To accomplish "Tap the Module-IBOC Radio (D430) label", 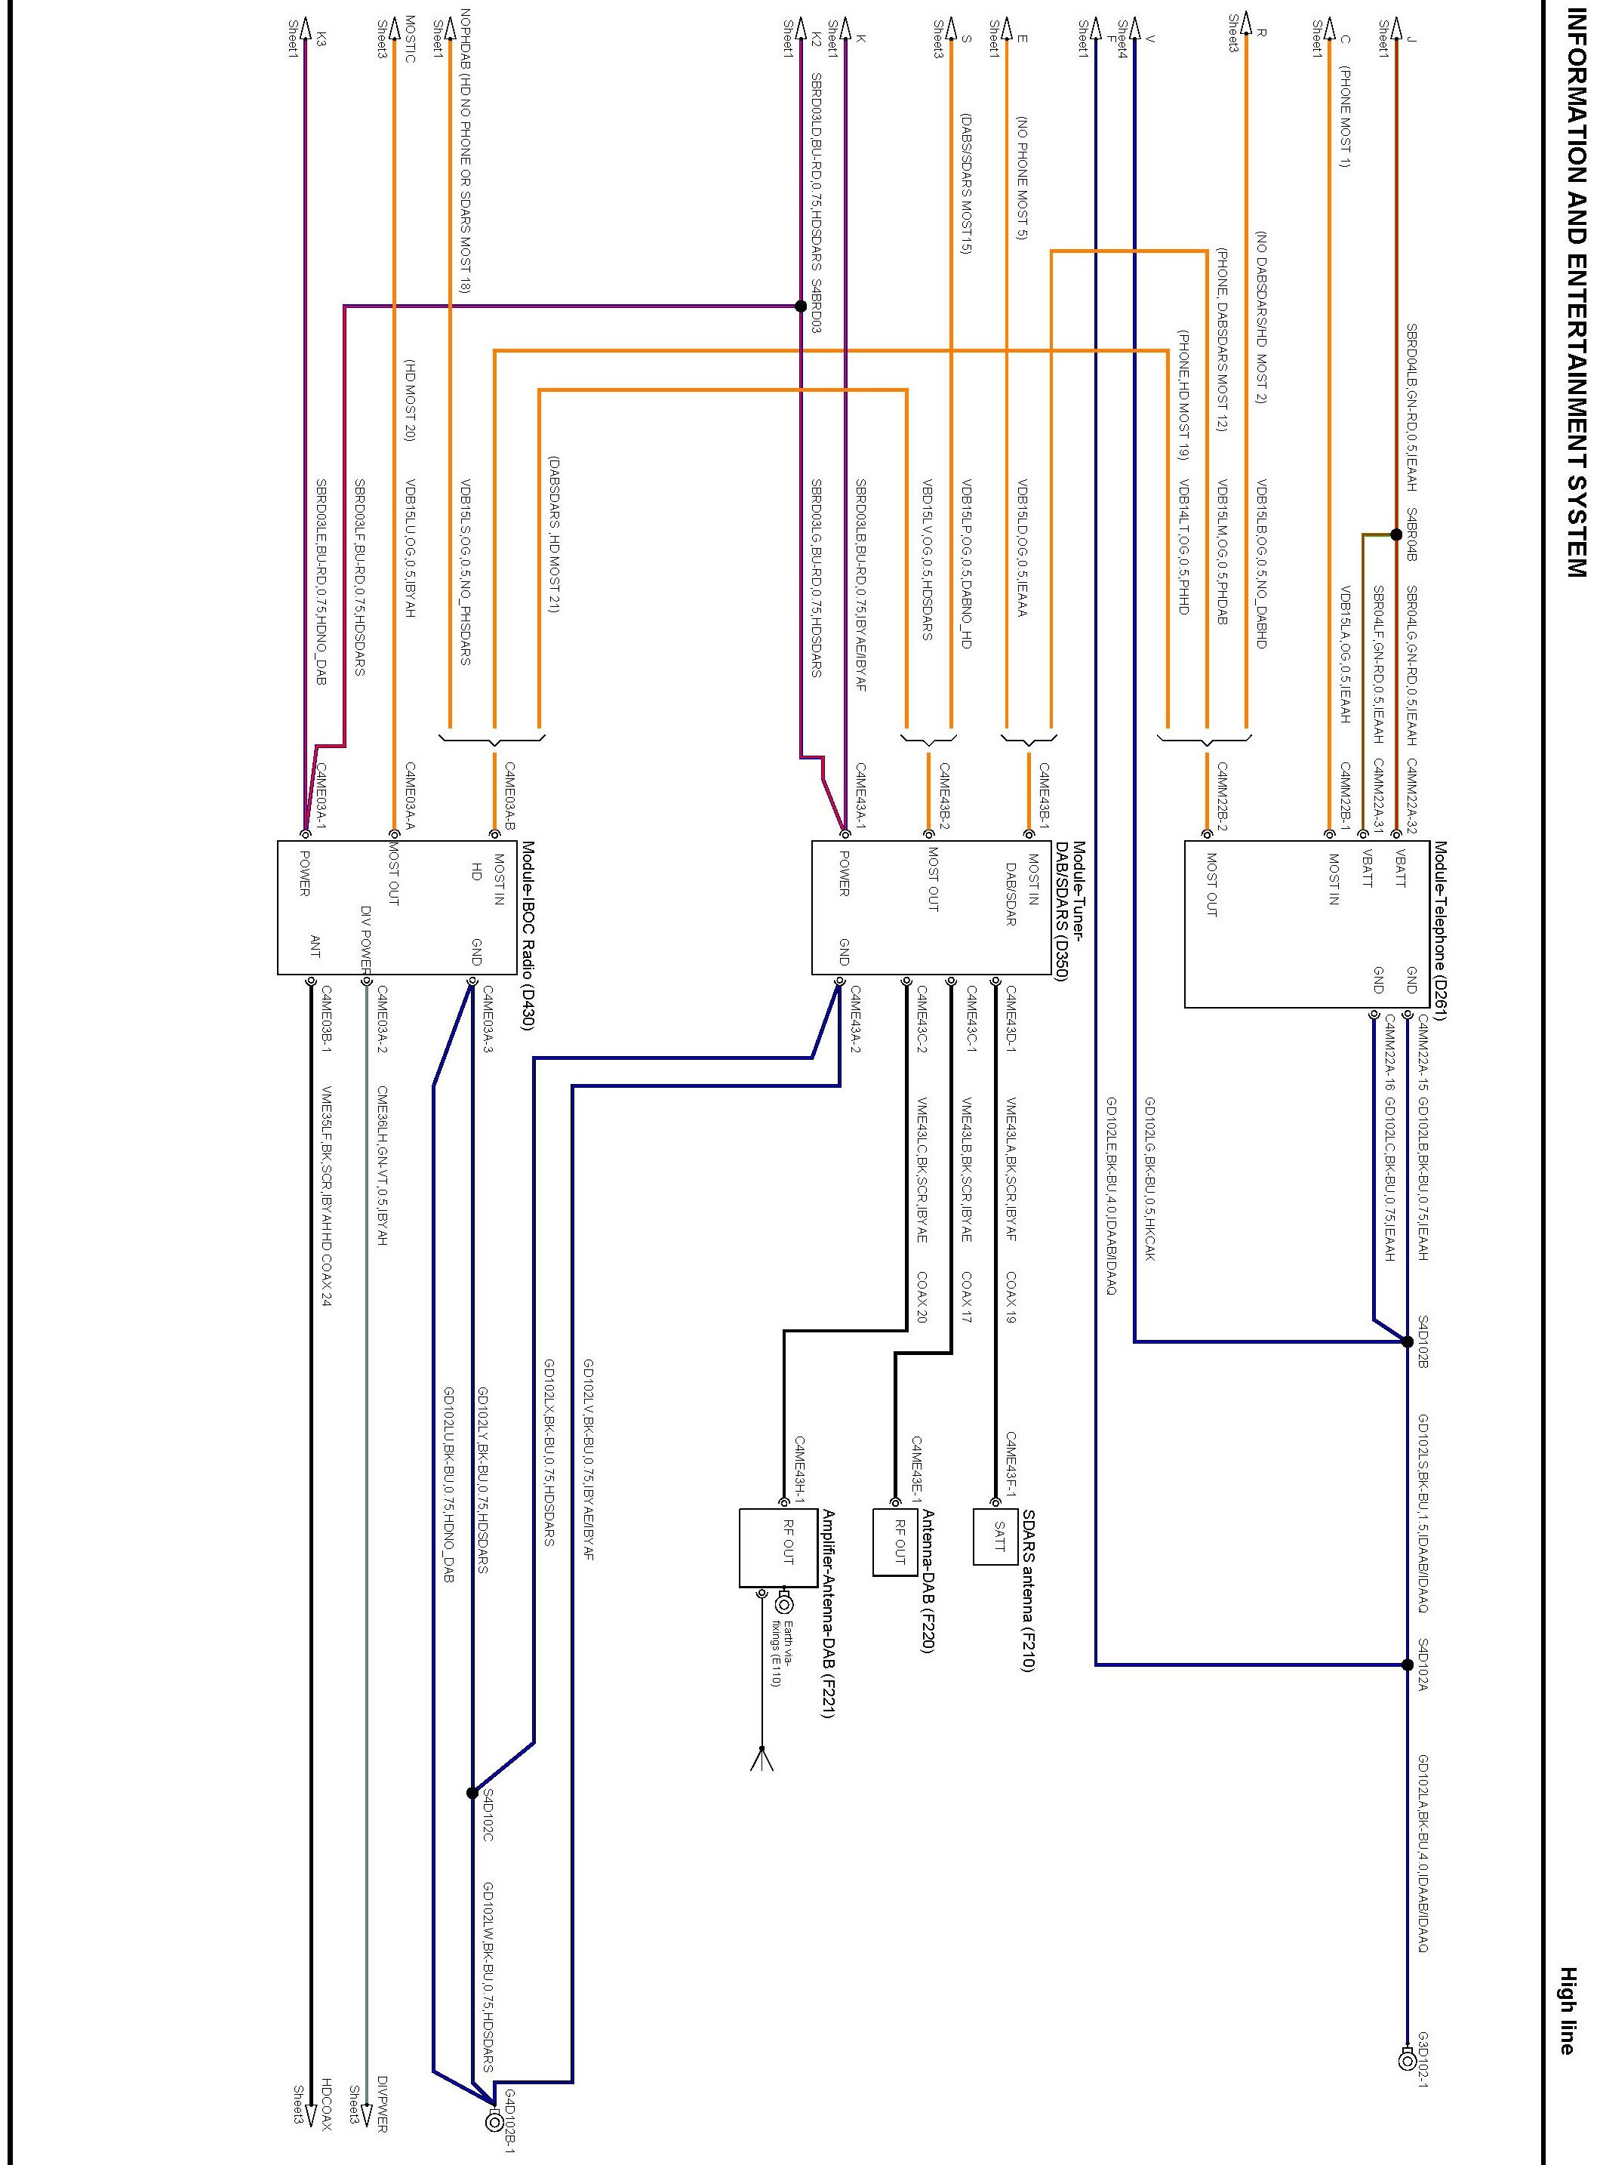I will [x=528, y=935].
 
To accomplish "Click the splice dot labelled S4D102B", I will [x=1408, y=1341].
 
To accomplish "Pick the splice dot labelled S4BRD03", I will [x=801, y=306].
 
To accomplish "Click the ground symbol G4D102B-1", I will [x=494, y=2123].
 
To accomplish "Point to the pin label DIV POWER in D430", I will [x=366, y=936].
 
